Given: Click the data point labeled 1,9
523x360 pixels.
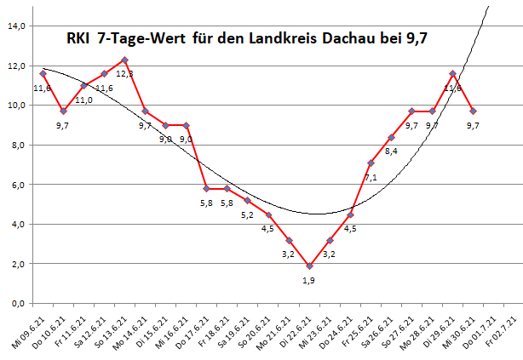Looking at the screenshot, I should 309,266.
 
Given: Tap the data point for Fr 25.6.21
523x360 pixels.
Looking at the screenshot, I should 371,163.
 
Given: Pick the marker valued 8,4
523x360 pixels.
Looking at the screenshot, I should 391,137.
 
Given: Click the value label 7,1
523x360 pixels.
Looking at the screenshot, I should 371,178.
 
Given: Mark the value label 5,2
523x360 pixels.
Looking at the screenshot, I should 247,214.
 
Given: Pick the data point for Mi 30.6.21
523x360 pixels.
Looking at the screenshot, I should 474,111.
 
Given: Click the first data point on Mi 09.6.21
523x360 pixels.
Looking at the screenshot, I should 43,74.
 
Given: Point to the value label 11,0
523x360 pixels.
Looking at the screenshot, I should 85,100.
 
